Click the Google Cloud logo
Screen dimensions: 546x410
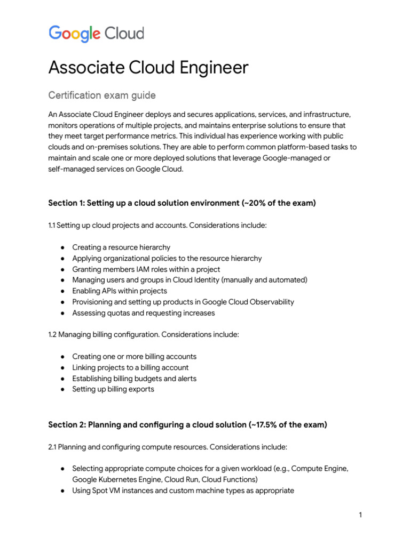pyautogui.click(x=96, y=34)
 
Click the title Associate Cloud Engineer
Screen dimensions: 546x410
pyautogui.click(x=148, y=68)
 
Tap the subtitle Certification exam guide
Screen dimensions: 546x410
pyautogui.click(x=102, y=95)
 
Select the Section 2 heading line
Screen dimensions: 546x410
pyautogui.click(x=187, y=425)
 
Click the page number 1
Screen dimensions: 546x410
pyautogui.click(x=361, y=515)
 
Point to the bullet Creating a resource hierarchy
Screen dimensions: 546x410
pyautogui.click(x=121, y=247)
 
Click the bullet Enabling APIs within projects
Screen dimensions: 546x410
pyautogui.click(x=120, y=291)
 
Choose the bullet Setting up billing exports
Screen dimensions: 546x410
pyautogui.click(x=113, y=389)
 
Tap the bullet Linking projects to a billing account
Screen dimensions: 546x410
pyautogui.click(x=130, y=367)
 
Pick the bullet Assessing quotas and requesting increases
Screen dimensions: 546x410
pyautogui.click(x=144, y=313)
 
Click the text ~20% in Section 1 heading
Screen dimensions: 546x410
pyautogui.click(x=255, y=203)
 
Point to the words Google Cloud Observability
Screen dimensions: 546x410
pyautogui.click(x=245, y=302)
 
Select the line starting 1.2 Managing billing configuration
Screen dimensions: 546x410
pyautogui.click(x=144, y=335)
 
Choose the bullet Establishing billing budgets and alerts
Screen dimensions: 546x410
pyautogui.click(x=134, y=379)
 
